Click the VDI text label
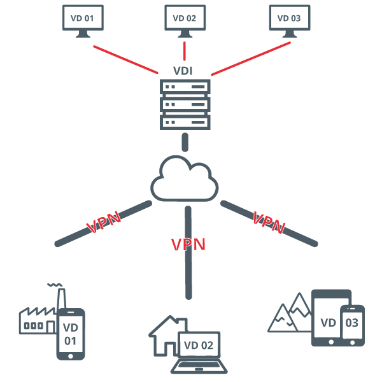(x=185, y=70)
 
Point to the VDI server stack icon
(x=185, y=104)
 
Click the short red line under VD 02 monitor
(x=185, y=50)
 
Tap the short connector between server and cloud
(x=185, y=142)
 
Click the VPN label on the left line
(x=104, y=223)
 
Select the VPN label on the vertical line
(x=188, y=244)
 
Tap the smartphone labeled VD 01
(x=71, y=334)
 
